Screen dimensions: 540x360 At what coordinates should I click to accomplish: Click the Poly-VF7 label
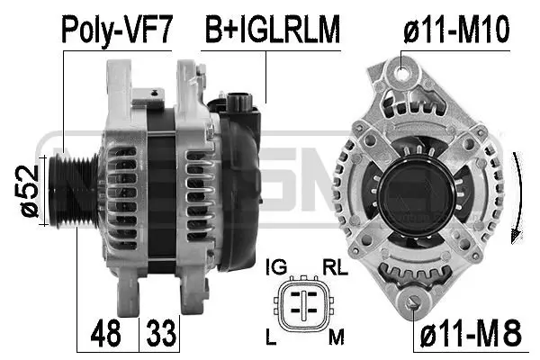click(116, 30)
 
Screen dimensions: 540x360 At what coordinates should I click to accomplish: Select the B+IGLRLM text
click(273, 29)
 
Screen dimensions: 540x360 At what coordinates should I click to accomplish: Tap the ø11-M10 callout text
click(456, 29)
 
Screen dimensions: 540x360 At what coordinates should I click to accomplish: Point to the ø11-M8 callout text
click(471, 333)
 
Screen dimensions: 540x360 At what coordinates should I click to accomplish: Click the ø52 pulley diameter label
click(29, 191)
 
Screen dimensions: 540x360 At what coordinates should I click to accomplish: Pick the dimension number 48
click(106, 333)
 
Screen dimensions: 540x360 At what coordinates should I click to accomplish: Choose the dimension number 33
click(161, 333)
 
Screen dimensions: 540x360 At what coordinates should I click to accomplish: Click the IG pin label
click(276, 267)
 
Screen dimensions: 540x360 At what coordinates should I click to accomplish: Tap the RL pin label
click(335, 267)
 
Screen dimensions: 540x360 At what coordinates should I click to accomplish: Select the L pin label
click(271, 337)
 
